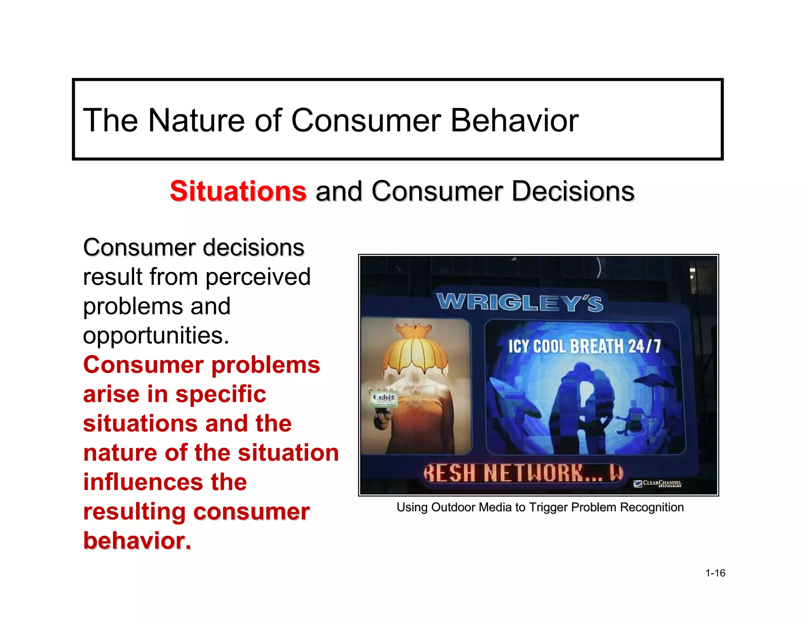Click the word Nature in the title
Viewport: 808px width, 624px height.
click(x=196, y=120)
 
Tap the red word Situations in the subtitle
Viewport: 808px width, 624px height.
click(x=238, y=191)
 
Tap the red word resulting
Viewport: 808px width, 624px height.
click(x=134, y=512)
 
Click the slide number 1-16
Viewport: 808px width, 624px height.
click(x=715, y=573)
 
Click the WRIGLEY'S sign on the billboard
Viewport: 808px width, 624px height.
click(x=520, y=303)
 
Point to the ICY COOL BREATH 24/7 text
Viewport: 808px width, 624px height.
click(x=584, y=346)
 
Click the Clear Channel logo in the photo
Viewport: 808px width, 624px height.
click(x=657, y=483)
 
